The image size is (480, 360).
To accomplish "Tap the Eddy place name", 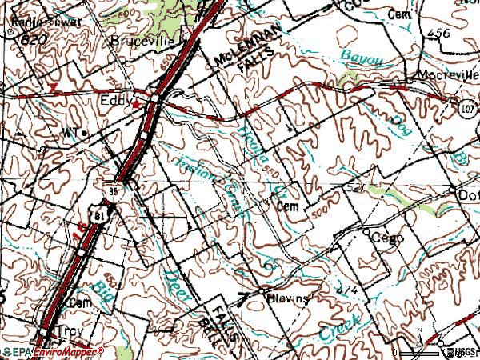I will coord(114,102).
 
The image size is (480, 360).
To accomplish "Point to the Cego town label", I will coord(389,238).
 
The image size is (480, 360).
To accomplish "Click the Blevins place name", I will coord(287,296).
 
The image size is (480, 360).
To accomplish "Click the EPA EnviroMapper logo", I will coord(52,352).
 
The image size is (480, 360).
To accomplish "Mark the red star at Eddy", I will coord(137,104).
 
